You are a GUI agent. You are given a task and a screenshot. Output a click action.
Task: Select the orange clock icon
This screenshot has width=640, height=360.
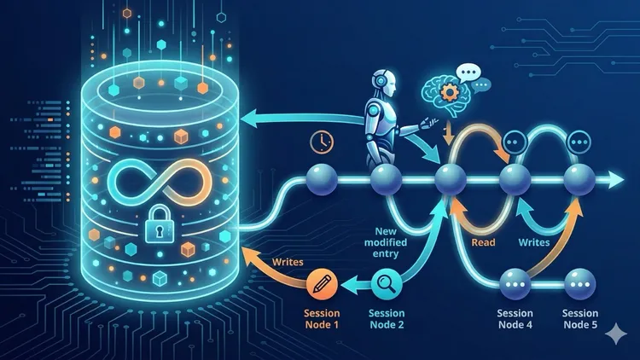tap(322, 142)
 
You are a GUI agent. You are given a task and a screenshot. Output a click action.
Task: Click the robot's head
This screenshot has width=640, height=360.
tap(384, 84)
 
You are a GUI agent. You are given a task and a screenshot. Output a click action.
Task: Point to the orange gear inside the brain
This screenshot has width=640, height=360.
tap(449, 93)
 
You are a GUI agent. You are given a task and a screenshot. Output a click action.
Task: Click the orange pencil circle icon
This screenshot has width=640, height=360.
tap(322, 284)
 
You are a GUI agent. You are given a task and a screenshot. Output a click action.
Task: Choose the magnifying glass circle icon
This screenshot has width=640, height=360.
tap(387, 283)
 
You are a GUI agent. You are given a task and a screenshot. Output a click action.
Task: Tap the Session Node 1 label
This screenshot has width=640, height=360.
tap(322, 319)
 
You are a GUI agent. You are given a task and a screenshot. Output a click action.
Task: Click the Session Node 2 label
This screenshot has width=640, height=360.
tap(387, 319)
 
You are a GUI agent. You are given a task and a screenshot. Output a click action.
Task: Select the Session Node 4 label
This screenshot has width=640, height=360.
tap(515, 319)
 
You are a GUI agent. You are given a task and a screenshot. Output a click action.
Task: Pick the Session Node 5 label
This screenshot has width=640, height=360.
tap(580, 319)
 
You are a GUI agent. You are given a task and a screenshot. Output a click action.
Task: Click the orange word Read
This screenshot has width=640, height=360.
tap(483, 242)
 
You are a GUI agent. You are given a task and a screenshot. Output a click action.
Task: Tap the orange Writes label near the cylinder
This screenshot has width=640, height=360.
tap(288, 262)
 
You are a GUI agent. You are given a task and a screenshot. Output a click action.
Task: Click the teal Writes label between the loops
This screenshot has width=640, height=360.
tap(534, 242)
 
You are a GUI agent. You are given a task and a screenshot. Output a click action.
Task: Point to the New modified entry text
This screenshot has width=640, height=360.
tap(386, 242)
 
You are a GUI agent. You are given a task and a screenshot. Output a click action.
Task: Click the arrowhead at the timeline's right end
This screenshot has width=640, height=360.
tap(616, 180)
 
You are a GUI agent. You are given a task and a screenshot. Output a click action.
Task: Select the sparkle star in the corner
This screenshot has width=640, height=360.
tap(615, 334)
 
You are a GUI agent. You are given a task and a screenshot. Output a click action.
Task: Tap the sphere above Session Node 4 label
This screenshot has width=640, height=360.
tap(515, 284)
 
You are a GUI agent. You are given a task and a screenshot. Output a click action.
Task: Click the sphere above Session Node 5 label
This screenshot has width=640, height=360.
tap(580, 284)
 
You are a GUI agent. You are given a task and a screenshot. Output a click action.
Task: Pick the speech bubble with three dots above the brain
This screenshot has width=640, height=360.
tap(468, 73)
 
